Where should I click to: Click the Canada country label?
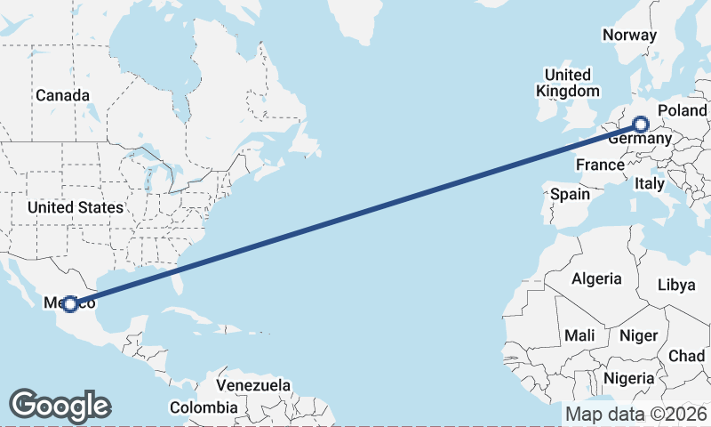tap(62, 95)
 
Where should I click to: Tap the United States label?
tap(76, 207)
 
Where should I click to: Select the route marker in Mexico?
tap(70, 303)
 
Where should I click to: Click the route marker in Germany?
tap(641, 125)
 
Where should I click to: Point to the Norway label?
tap(629, 36)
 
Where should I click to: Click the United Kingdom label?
tap(567, 83)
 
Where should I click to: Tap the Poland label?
tap(682, 110)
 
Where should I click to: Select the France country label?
tap(600, 165)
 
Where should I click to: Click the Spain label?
tap(570, 193)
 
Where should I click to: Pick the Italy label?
tap(649, 184)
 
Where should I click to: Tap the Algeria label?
tap(596, 278)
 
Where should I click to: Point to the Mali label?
tap(579, 335)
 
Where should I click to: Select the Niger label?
tap(638, 335)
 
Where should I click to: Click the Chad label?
tap(686, 356)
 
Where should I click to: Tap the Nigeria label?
tap(627, 378)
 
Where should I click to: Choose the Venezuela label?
tap(254, 386)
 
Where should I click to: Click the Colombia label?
tap(204, 407)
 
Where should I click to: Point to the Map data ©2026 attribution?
tap(636, 415)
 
